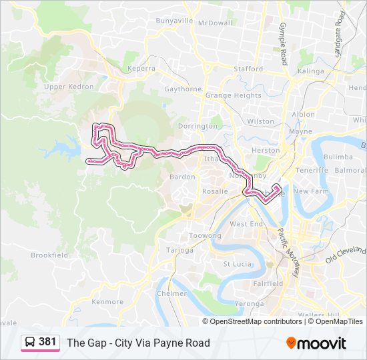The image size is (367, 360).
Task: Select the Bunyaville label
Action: (174, 21)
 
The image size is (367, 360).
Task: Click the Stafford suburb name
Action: (248, 69)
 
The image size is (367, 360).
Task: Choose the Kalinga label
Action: (310, 71)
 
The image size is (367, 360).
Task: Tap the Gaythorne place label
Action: (182, 89)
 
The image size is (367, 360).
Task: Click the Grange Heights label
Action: (233, 95)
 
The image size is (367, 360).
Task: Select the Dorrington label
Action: (198, 126)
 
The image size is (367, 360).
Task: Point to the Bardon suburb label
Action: (182, 177)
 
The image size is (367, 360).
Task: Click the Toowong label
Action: (205, 236)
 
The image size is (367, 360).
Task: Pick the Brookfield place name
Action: (49, 255)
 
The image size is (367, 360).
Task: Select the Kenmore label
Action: (107, 302)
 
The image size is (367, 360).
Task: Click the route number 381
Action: (47, 342)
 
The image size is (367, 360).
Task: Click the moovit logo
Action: (316, 343)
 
